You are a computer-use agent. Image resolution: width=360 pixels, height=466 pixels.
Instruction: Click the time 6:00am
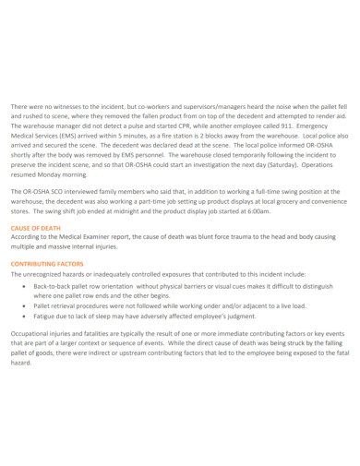point(257,209)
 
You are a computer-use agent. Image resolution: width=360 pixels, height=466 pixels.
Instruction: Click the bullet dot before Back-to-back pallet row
point(23,286)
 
